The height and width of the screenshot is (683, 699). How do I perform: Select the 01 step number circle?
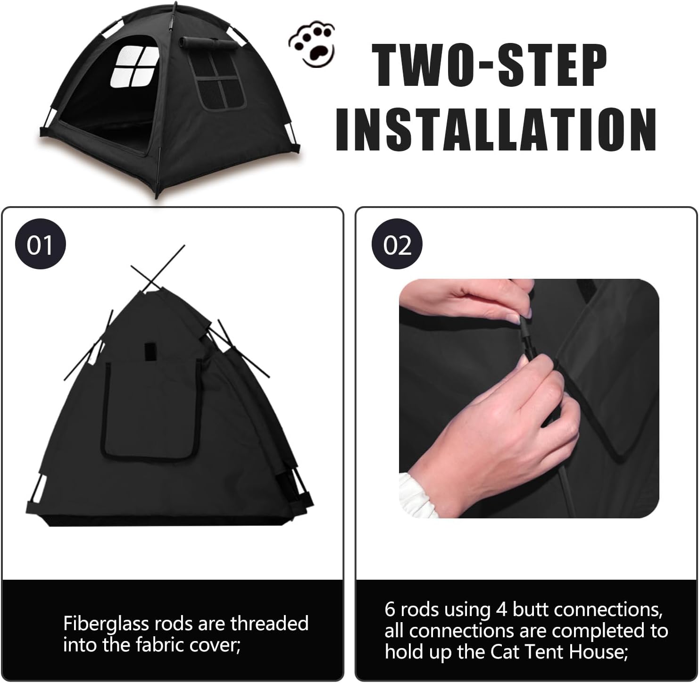coord(40,245)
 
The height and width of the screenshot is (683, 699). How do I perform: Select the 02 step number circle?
coord(397,245)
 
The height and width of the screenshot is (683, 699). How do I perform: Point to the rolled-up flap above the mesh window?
coord(207,43)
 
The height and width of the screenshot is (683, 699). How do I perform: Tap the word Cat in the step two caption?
coord(506,652)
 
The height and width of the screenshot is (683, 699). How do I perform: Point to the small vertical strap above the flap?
coord(150,349)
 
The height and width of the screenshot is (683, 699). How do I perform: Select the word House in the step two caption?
coord(599,652)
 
